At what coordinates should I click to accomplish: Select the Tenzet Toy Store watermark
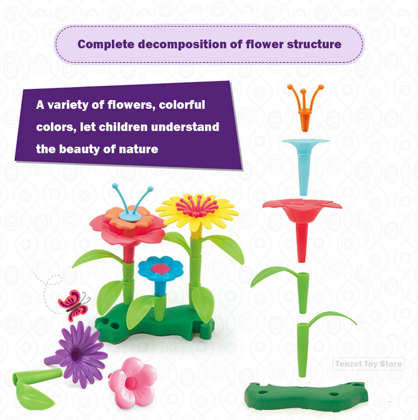click(368, 364)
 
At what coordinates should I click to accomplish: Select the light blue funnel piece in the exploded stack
click(304, 159)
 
